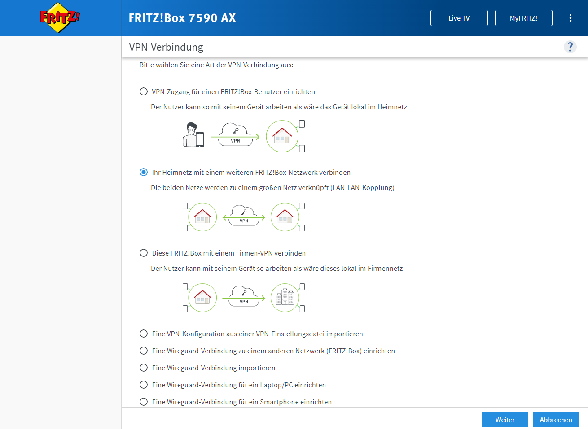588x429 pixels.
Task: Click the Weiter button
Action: coord(505,420)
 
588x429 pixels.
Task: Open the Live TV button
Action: coord(459,18)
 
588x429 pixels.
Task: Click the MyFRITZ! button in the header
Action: coord(523,18)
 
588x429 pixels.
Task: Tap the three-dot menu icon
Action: coord(570,18)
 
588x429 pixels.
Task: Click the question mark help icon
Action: coord(570,47)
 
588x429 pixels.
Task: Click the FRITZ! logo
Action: coord(60,17)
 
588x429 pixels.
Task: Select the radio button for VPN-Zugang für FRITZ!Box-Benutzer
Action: coord(144,91)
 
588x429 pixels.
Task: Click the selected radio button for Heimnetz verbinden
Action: coord(144,172)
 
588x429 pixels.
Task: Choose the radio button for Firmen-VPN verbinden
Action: coord(144,253)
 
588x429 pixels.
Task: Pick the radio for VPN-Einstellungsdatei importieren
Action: coord(144,334)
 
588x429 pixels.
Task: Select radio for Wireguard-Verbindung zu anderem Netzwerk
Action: coord(144,351)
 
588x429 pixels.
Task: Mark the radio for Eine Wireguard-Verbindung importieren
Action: coord(144,368)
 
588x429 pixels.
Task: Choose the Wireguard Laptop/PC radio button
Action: coord(144,385)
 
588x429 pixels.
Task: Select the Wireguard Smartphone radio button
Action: coord(144,402)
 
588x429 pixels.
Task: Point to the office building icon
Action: coord(285,297)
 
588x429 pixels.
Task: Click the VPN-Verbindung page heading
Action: coord(166,47)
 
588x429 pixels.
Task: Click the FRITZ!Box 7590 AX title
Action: coord(182,18)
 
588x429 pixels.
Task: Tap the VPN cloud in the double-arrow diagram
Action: coord(244,216)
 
